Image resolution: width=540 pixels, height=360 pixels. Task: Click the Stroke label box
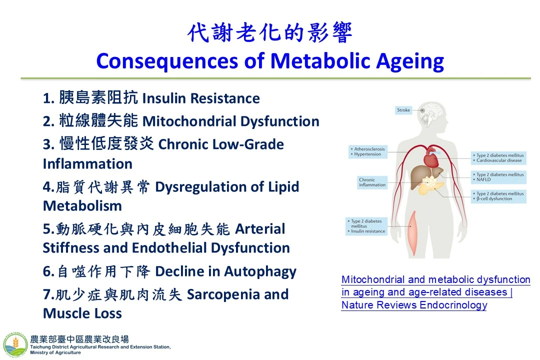tap(403, 110)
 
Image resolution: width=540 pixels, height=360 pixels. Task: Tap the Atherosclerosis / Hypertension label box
tap(368, 151)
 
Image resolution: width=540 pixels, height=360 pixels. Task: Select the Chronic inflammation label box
tap(372, 182)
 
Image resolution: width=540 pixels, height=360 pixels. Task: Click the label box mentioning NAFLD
tap(498, 177)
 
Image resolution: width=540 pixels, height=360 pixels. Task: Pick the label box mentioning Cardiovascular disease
tap(498, 158)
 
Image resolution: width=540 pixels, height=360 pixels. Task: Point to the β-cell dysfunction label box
tap(498, 196)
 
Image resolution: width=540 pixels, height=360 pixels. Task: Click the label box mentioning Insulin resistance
tap(366, 226)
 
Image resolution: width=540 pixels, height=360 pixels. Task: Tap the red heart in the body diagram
tap(431, 158)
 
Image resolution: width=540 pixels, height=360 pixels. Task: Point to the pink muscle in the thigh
tap(412, 233)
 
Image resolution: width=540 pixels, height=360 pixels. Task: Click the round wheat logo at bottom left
tap(15, 345)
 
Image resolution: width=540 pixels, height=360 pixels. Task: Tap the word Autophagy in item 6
tap(260, 272)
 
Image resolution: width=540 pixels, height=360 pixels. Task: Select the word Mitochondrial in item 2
tap(189, 121)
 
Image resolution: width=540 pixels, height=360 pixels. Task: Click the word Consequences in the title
tap(167, 61)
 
